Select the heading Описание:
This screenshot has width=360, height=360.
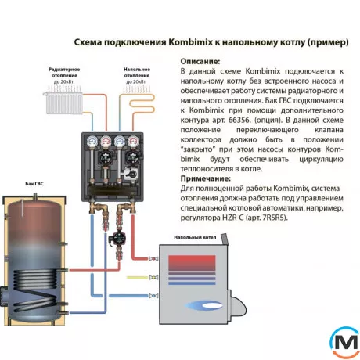click(200, 60)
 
